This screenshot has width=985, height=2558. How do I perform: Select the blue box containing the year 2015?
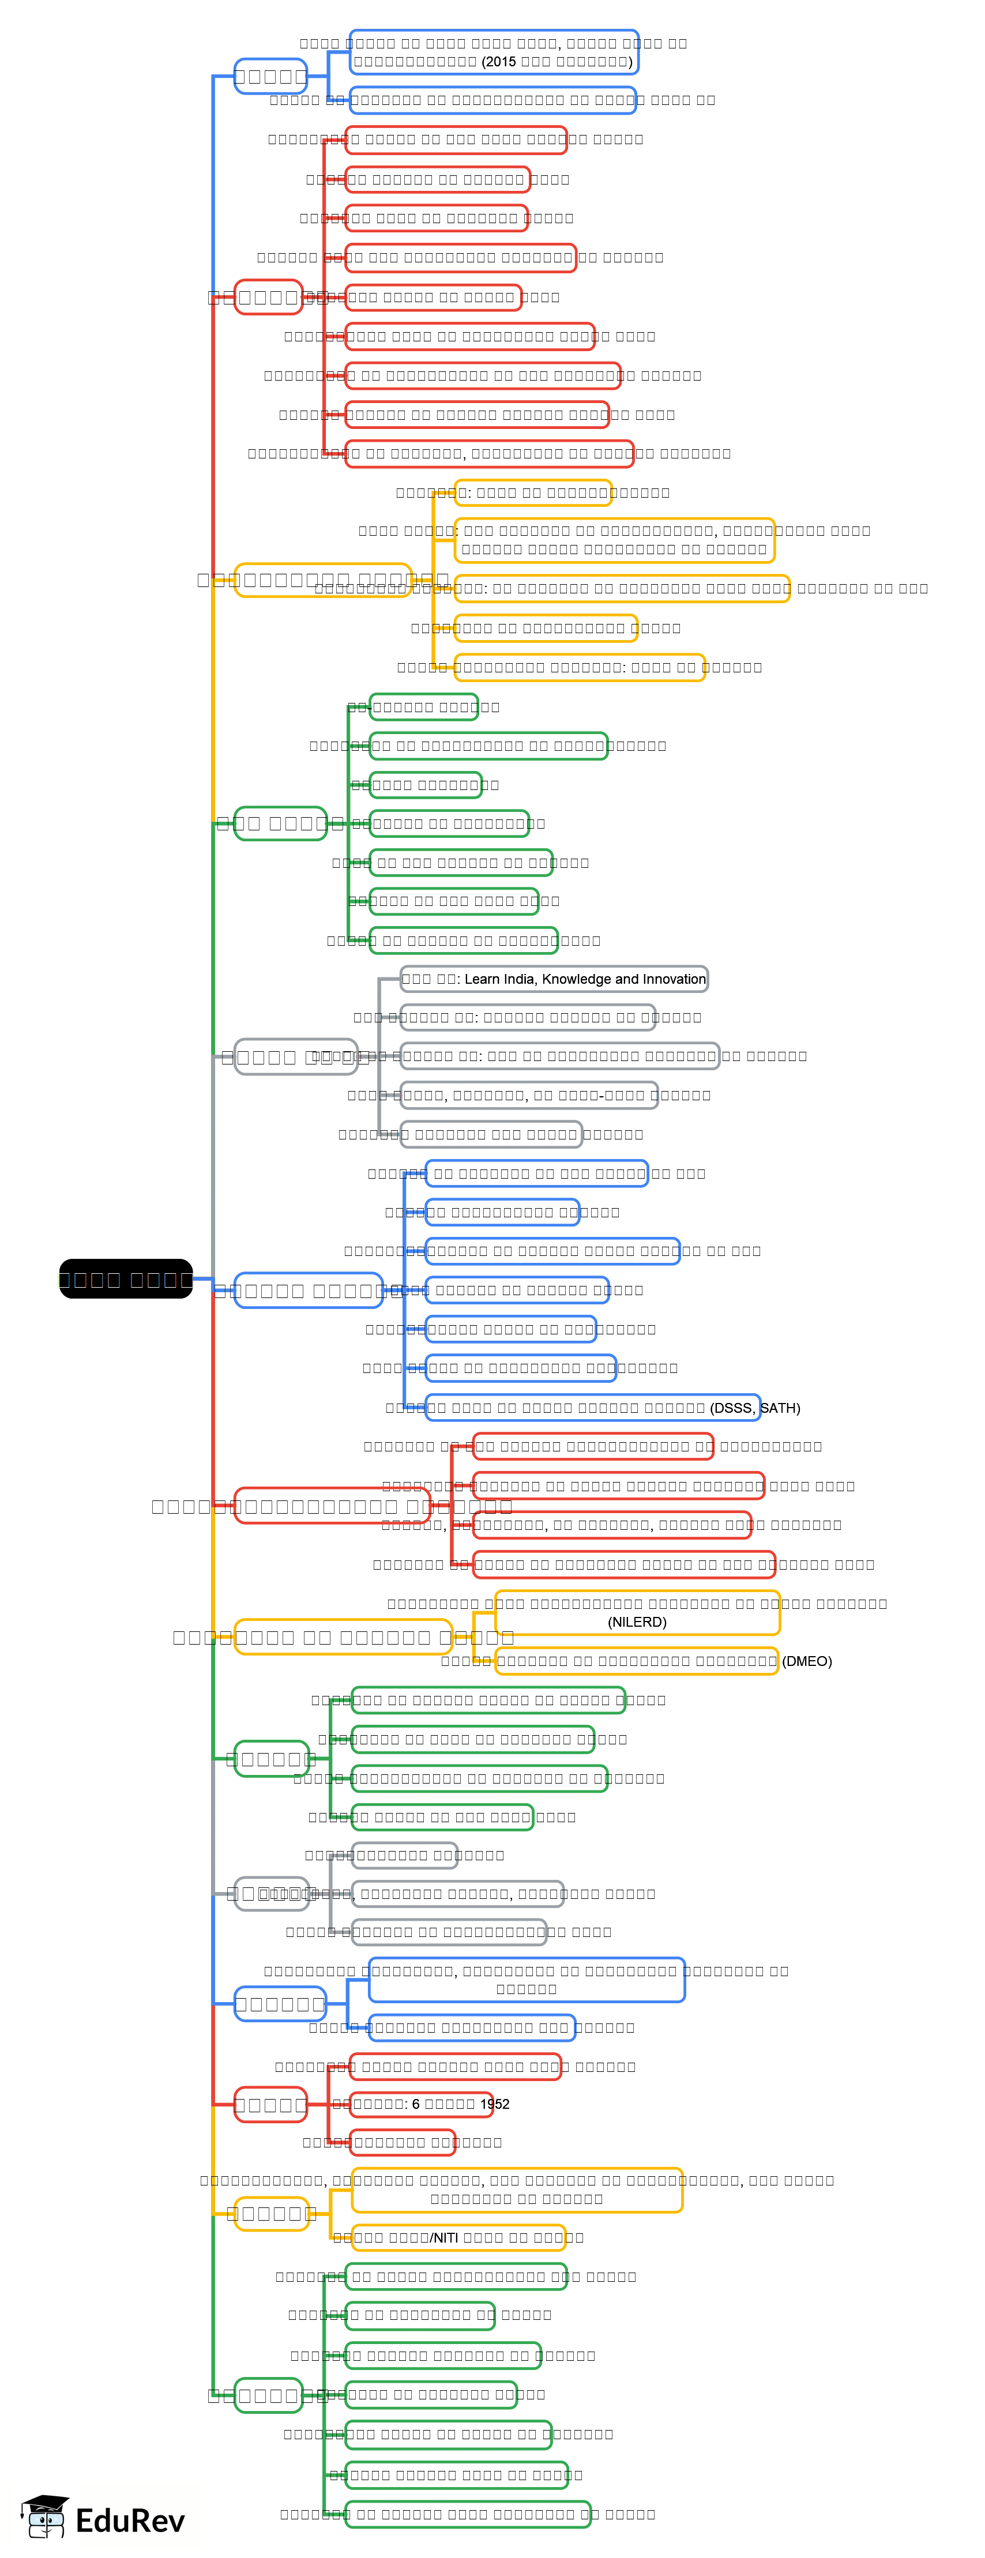494,52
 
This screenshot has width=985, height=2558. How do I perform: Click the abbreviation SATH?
780,1408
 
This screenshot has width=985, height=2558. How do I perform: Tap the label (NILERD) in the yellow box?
637,1622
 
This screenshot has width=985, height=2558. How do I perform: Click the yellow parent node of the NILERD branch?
343,1637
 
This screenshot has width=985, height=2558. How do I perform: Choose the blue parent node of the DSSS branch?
308,1290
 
